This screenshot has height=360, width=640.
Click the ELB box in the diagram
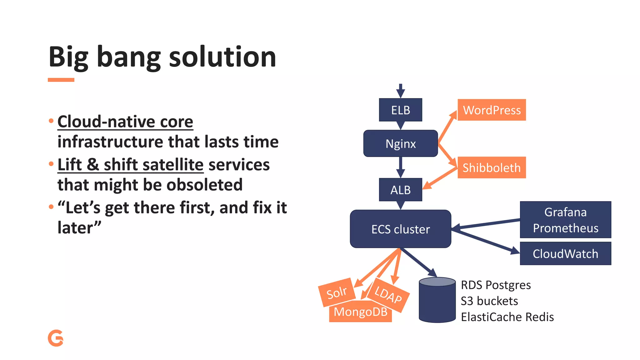click(400, 110)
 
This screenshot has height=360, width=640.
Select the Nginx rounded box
click(400, 143)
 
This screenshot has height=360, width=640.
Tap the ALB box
click(400, 190)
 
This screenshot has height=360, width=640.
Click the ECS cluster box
click(400, 229)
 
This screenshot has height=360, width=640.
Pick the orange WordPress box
click(492, 110)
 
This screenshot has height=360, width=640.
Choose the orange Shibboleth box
click(492, 168)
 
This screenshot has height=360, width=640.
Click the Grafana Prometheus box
click(565, 220)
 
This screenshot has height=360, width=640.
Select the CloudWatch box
click(565, 253)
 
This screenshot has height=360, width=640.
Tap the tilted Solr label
click(337, 292)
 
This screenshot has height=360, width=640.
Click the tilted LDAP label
click(388, 295)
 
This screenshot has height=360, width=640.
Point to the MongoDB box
click(360, 312)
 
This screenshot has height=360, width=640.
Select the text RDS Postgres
click(496, 285)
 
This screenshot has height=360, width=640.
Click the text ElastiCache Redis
click(507, 317)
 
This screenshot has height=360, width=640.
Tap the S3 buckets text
click(489, 301)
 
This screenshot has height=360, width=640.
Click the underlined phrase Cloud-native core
click(125, 121)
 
